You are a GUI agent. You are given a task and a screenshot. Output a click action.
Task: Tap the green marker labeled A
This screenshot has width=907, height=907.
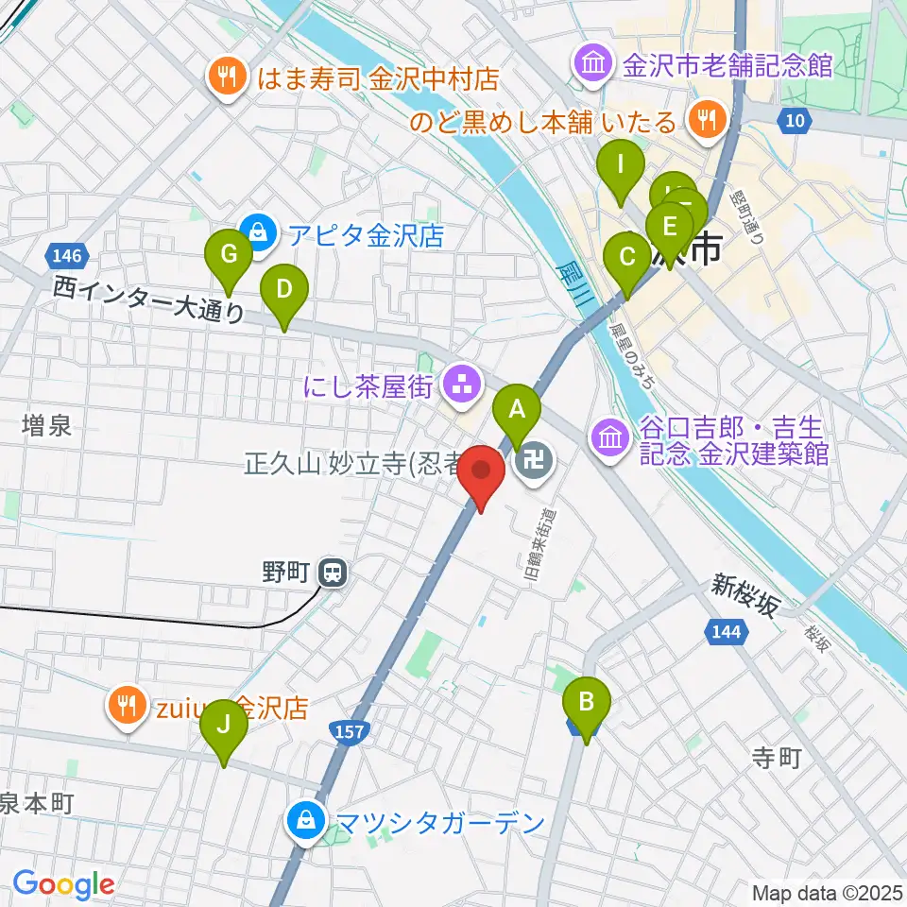(x=517, y=410)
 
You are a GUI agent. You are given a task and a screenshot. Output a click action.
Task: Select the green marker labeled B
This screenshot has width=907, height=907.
(x=587, y=703)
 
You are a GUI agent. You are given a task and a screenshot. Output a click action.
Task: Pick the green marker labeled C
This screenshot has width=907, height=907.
(x=625, y=257)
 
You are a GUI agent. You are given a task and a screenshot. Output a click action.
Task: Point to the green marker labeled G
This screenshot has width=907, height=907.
(x=228, y=255)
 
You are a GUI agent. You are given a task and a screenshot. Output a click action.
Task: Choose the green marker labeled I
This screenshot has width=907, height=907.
(x=621, y=165)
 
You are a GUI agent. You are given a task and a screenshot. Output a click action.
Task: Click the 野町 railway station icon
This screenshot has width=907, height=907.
(x=332, y=572)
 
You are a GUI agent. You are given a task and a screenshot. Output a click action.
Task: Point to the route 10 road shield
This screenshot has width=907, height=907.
(x=796, y=120)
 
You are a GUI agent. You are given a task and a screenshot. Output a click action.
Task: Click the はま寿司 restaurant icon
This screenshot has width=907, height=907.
(x=227, y=77)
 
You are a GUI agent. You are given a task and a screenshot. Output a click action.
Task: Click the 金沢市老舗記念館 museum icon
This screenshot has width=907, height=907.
(x=593, y=65)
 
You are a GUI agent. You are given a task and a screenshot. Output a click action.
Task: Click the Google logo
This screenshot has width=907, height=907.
(x=63, y=883)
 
